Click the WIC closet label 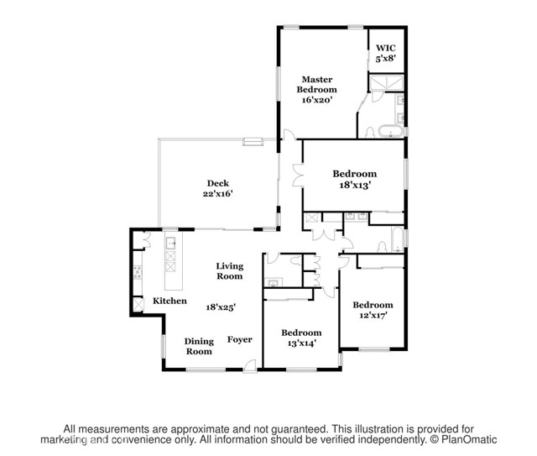tap(386, 48)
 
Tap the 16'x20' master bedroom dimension tap(317, 100)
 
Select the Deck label tap(218, 183)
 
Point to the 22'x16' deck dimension tap(218, 194)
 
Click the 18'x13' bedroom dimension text tap(355, 186)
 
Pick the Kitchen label tap(169, 301)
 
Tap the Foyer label tap(240, 339)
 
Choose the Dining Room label tap(199, 346)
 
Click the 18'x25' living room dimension tap(221, 307)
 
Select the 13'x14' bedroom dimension tap(301, 343)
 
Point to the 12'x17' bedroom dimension tap(373, 315)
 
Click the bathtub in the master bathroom tap(390, 131)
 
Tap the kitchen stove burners tap(138, 272)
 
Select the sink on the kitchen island tap(171, 243)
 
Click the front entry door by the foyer tap(250, 365)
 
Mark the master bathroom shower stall tap(386, 82)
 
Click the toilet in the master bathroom tap(370, 133)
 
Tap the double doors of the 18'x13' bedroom tap(299, 176)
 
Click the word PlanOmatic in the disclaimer tap(469, 439)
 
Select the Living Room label tap(229, 271)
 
